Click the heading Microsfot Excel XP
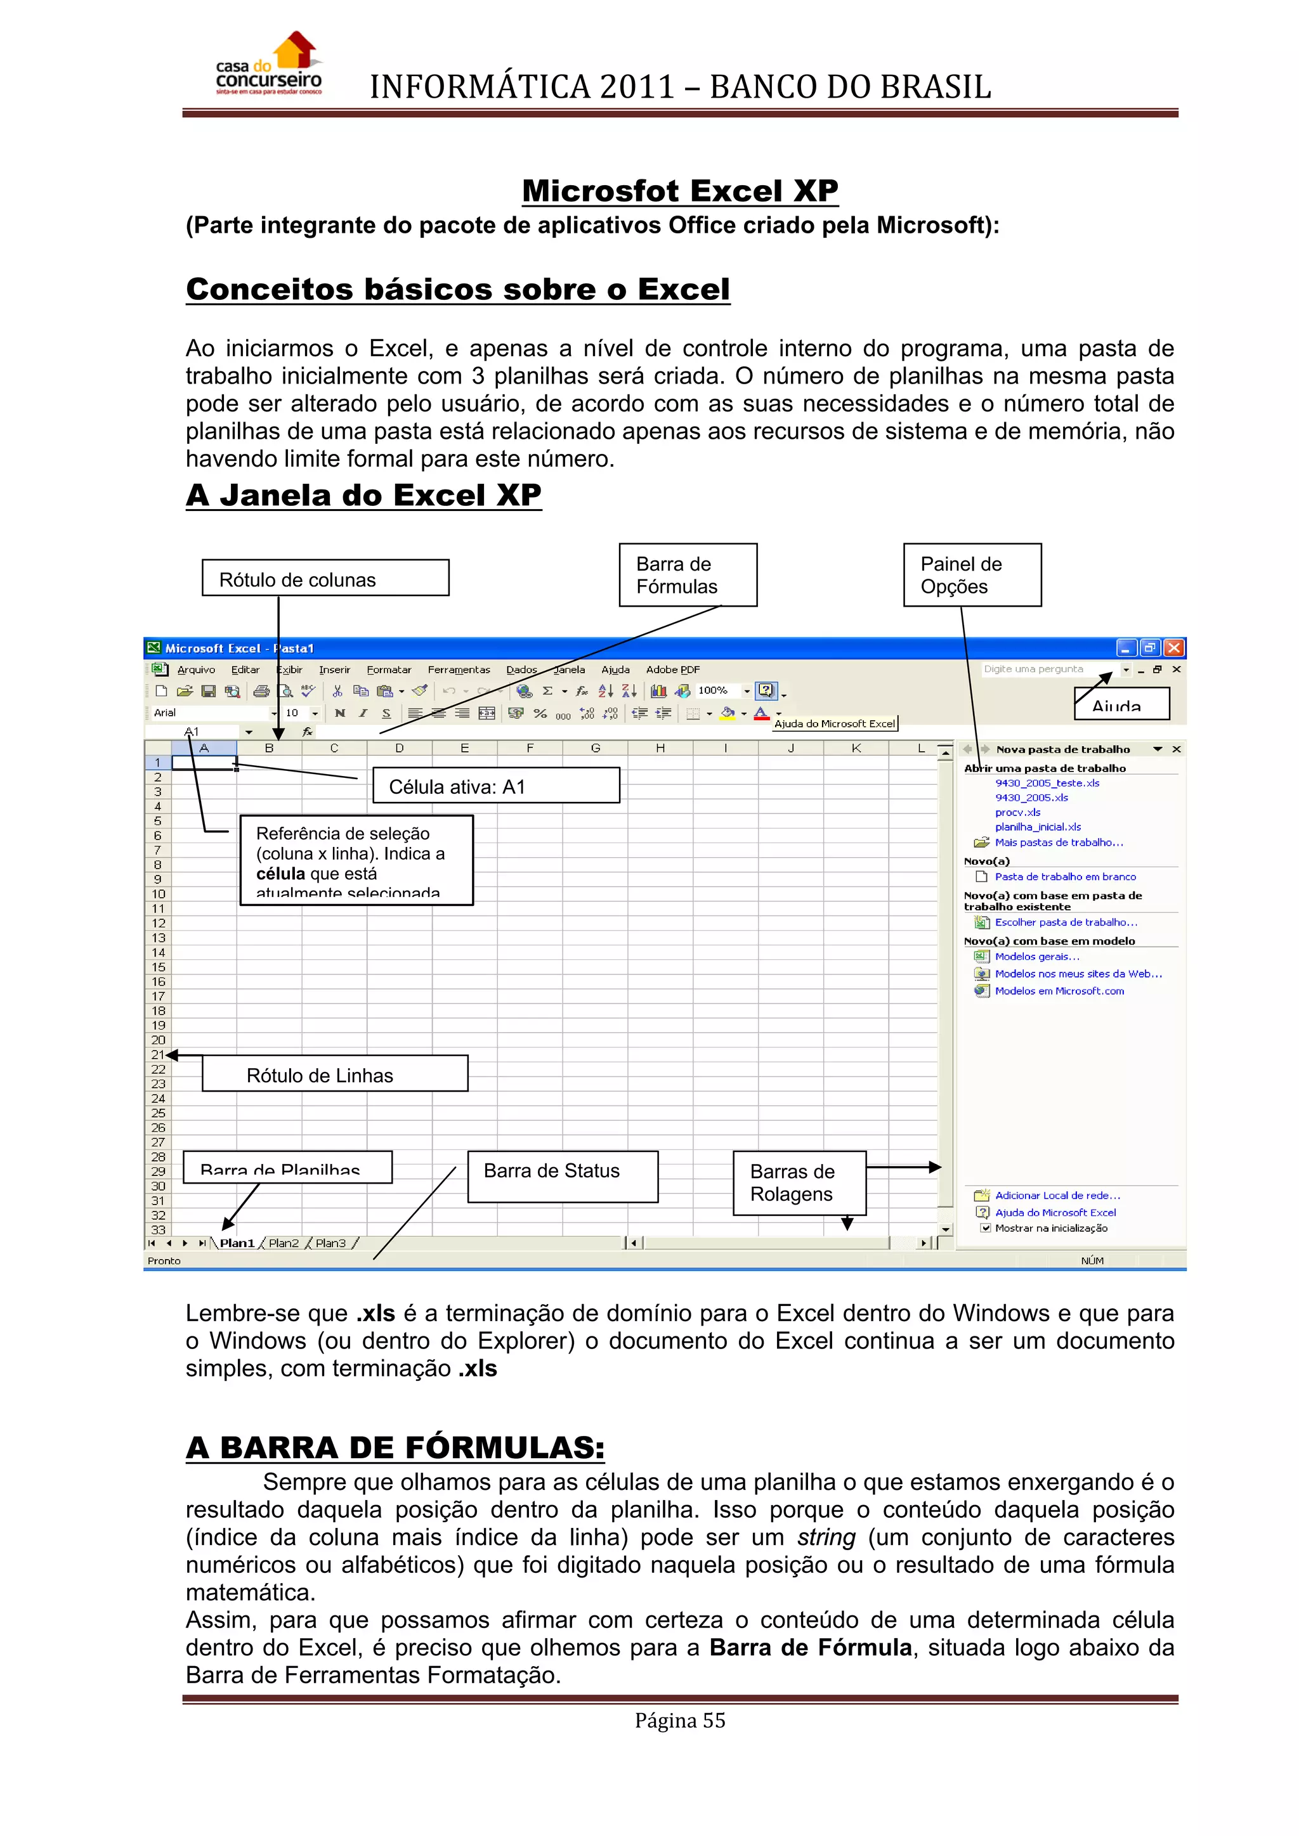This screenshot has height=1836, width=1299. coord(680,191)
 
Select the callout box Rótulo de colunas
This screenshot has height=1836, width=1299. coord(325,578)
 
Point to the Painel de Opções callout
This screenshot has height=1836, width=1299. coord(971,575)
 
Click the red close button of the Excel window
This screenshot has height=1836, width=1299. coord(1173,648)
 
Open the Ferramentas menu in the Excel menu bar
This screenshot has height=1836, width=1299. coord(459,670)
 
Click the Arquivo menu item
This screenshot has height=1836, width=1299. coord(196,670)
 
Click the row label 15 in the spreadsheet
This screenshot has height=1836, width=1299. coord(159,967)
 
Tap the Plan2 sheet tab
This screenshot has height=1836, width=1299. coord(283,1243)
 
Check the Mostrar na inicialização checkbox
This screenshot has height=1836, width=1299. coord(986,1228)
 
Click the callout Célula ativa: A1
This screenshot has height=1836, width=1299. coord(495,786)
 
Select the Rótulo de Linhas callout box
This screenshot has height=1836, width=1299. coord(334,1074)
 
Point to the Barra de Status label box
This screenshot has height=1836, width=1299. coord(563,1176)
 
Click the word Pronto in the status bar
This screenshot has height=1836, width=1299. coord(164,1261)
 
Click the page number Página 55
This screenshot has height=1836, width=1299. coord(680,1721)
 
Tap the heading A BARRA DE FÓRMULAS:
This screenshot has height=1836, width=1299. coord(395,1448)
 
